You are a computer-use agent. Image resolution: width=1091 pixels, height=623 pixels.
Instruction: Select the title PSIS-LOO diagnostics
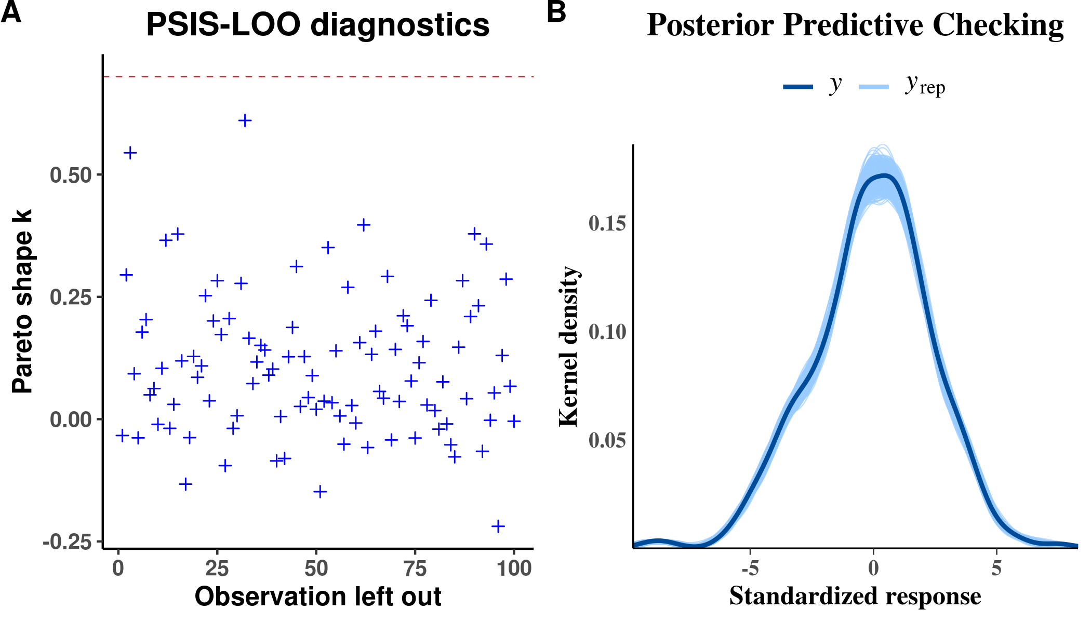coord(317,25)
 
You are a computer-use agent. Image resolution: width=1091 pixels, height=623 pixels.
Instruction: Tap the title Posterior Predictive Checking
coord(855,25)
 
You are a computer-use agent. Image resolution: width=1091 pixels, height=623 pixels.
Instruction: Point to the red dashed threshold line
coord(318,77)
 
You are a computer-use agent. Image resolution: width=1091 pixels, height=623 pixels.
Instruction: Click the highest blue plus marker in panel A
coord(245,121)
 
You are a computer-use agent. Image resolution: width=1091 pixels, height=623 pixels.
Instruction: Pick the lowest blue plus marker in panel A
coord(498,526)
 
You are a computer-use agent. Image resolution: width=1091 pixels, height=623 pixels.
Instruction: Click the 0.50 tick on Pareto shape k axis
coord(71,175)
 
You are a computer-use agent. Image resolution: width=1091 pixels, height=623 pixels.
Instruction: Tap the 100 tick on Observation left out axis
coord(514,569)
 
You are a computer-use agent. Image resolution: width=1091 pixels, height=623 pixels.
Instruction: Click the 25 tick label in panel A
coord(217,569)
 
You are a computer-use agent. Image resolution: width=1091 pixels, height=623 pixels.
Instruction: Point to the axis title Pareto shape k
coord(23,301)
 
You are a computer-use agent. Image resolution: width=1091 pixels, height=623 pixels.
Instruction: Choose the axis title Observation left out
coord(317,597)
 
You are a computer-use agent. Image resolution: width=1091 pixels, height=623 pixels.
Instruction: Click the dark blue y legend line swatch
coord(798,87)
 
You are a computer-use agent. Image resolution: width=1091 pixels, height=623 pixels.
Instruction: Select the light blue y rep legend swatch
coord(874,87)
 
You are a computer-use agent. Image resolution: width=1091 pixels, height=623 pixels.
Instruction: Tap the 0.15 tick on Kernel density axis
coord(607,224)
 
